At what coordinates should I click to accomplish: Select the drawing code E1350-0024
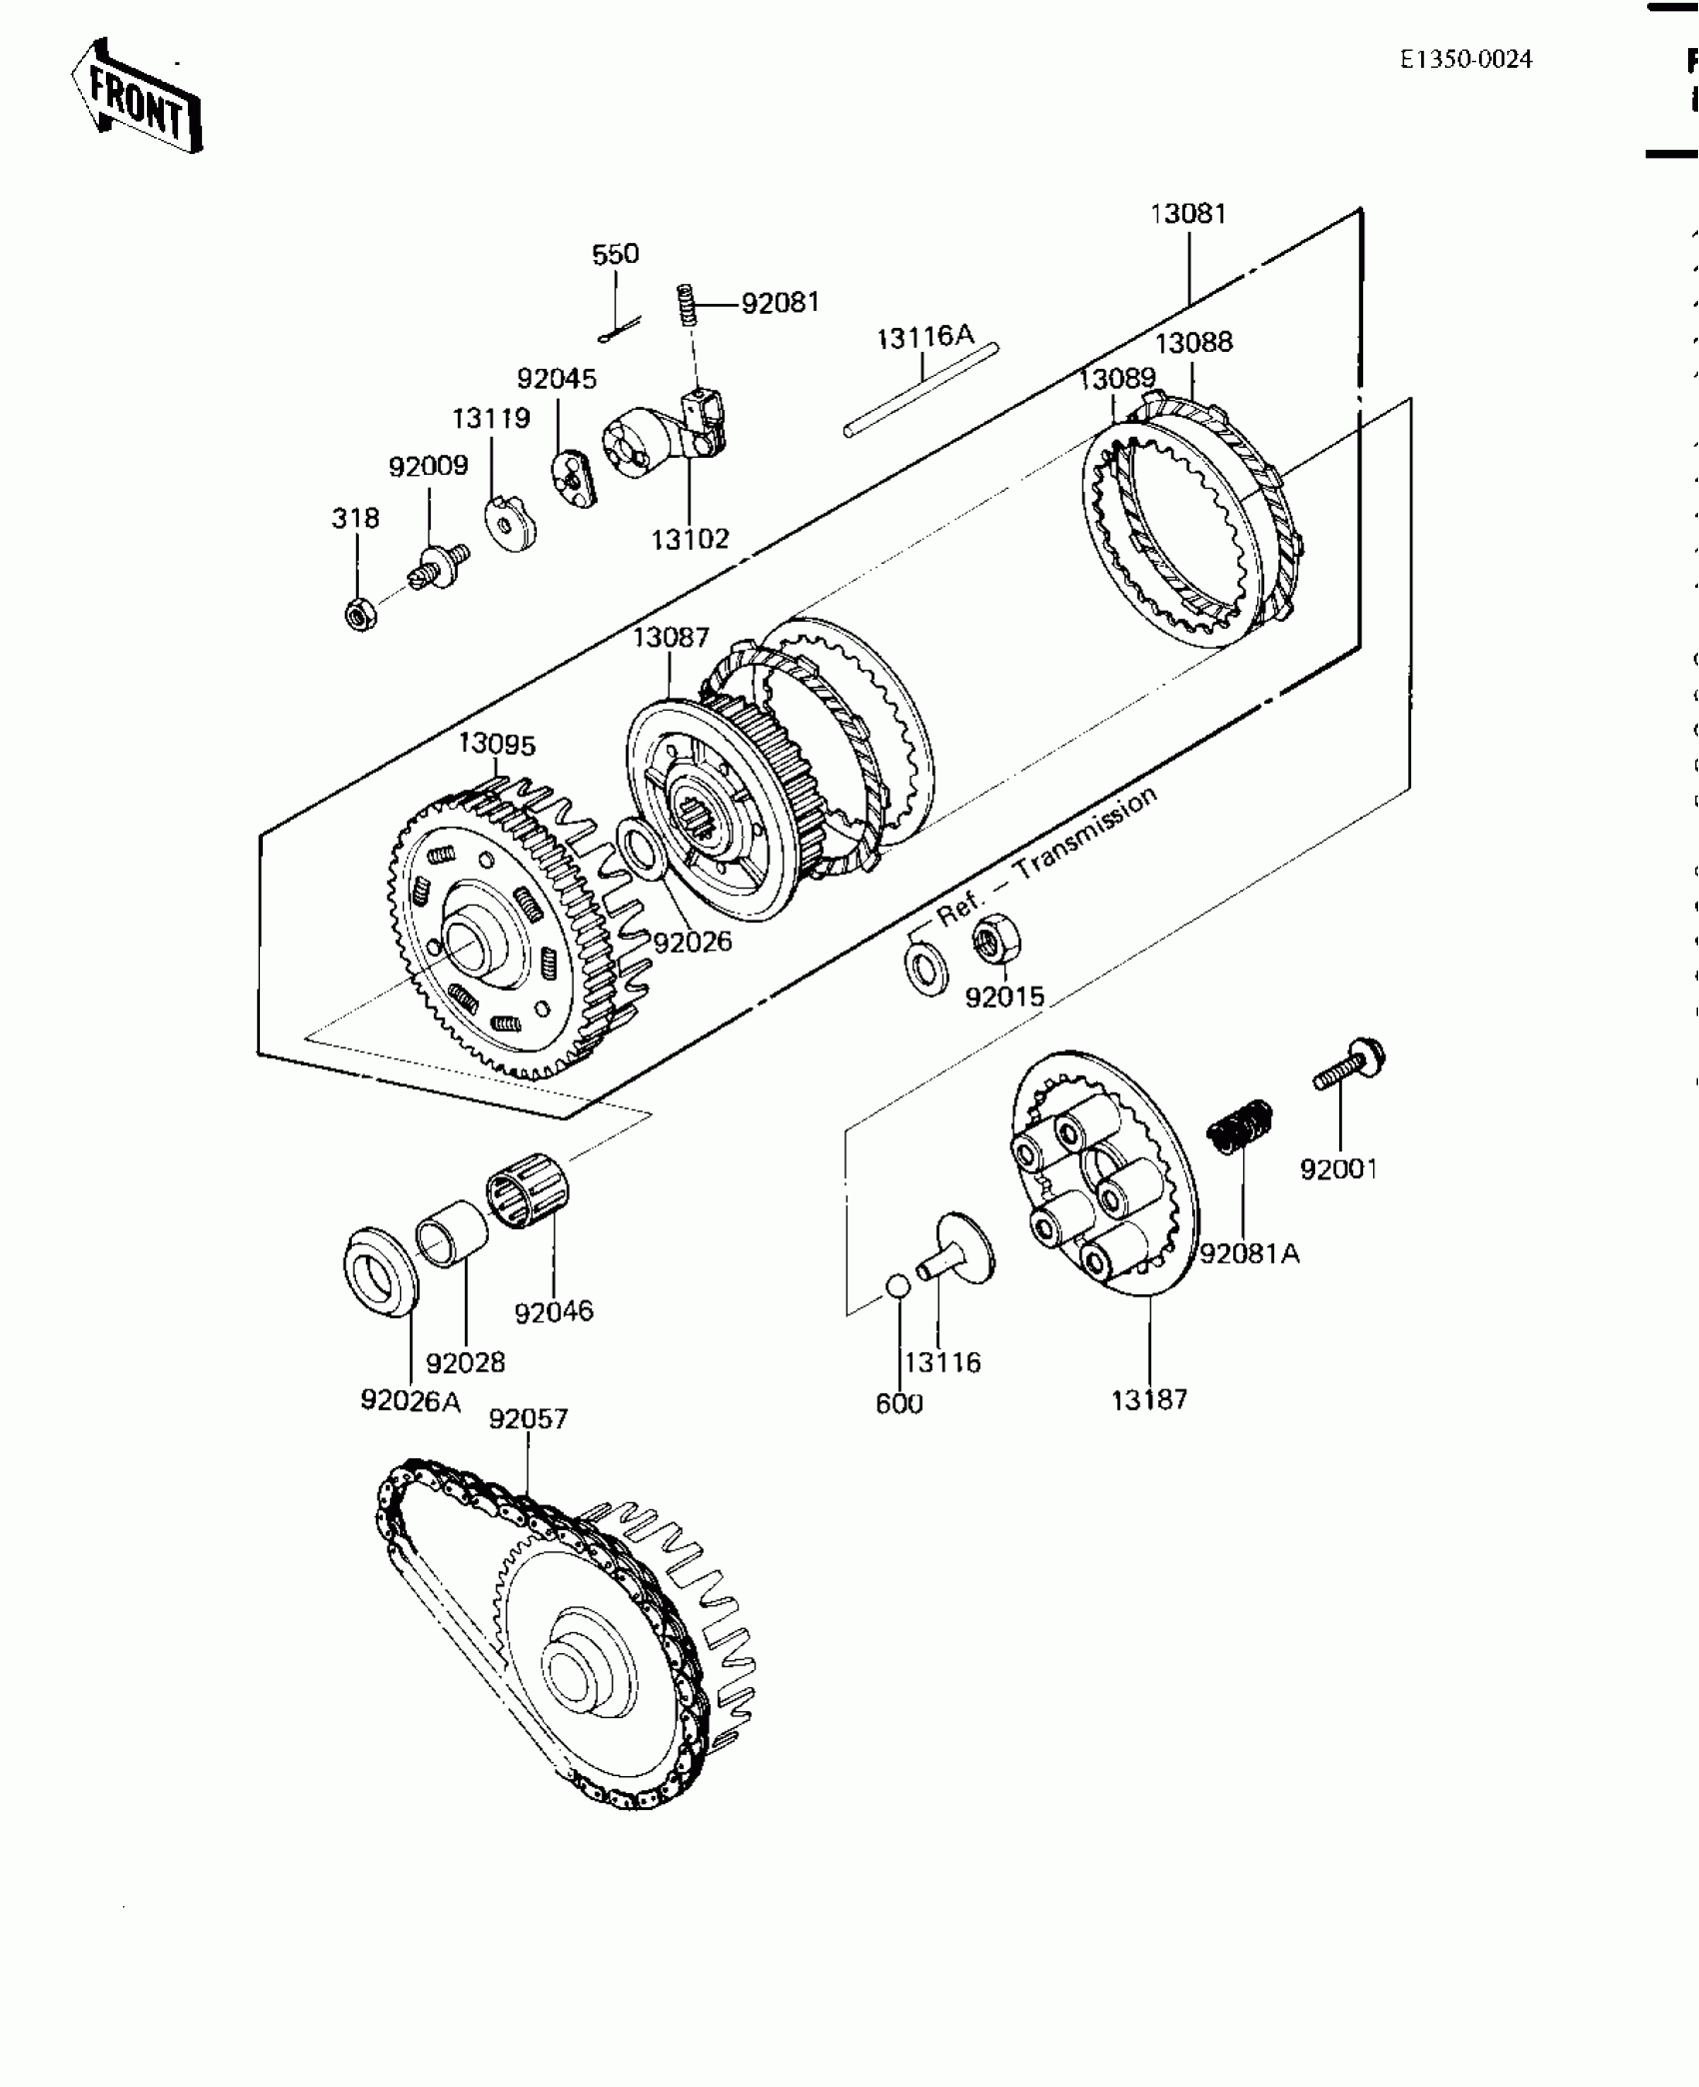coord(1465,60)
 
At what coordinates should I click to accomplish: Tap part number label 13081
coord(1188,214)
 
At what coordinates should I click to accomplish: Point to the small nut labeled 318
coord(360,614)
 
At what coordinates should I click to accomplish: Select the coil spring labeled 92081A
coord(1241,1124)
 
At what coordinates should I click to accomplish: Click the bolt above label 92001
coord(1349,1066)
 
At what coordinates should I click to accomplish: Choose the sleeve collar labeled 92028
coord(452,1233)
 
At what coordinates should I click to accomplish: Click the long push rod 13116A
coord(921,389)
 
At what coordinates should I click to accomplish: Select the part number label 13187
coord(1149,1400)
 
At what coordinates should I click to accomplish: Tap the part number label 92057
coord(528,1419)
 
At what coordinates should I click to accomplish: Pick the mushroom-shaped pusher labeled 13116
coord(957,1249)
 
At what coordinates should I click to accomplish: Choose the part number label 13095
coord(497,745)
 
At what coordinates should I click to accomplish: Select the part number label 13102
coord(690,540)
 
